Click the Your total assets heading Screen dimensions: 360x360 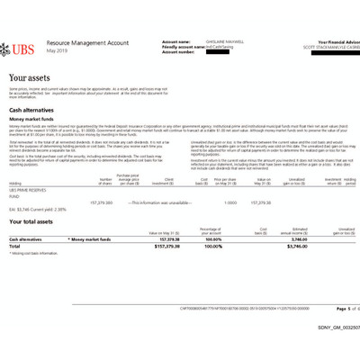(37, 220)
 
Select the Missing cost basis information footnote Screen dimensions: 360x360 (35, 255)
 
